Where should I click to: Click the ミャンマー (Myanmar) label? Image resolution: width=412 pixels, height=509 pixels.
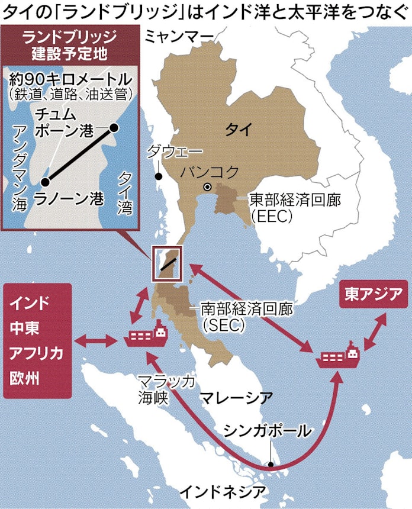tap(179, 37)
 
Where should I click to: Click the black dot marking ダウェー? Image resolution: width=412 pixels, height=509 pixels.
tap(158, 176)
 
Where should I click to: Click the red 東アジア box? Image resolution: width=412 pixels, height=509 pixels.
tap(369, 295)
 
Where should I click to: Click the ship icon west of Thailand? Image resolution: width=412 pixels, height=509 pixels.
tap(146, 336)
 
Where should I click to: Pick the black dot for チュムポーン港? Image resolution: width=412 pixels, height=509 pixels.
tap(114, 127)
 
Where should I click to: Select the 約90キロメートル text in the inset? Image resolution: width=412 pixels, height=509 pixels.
tap(72, 78)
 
